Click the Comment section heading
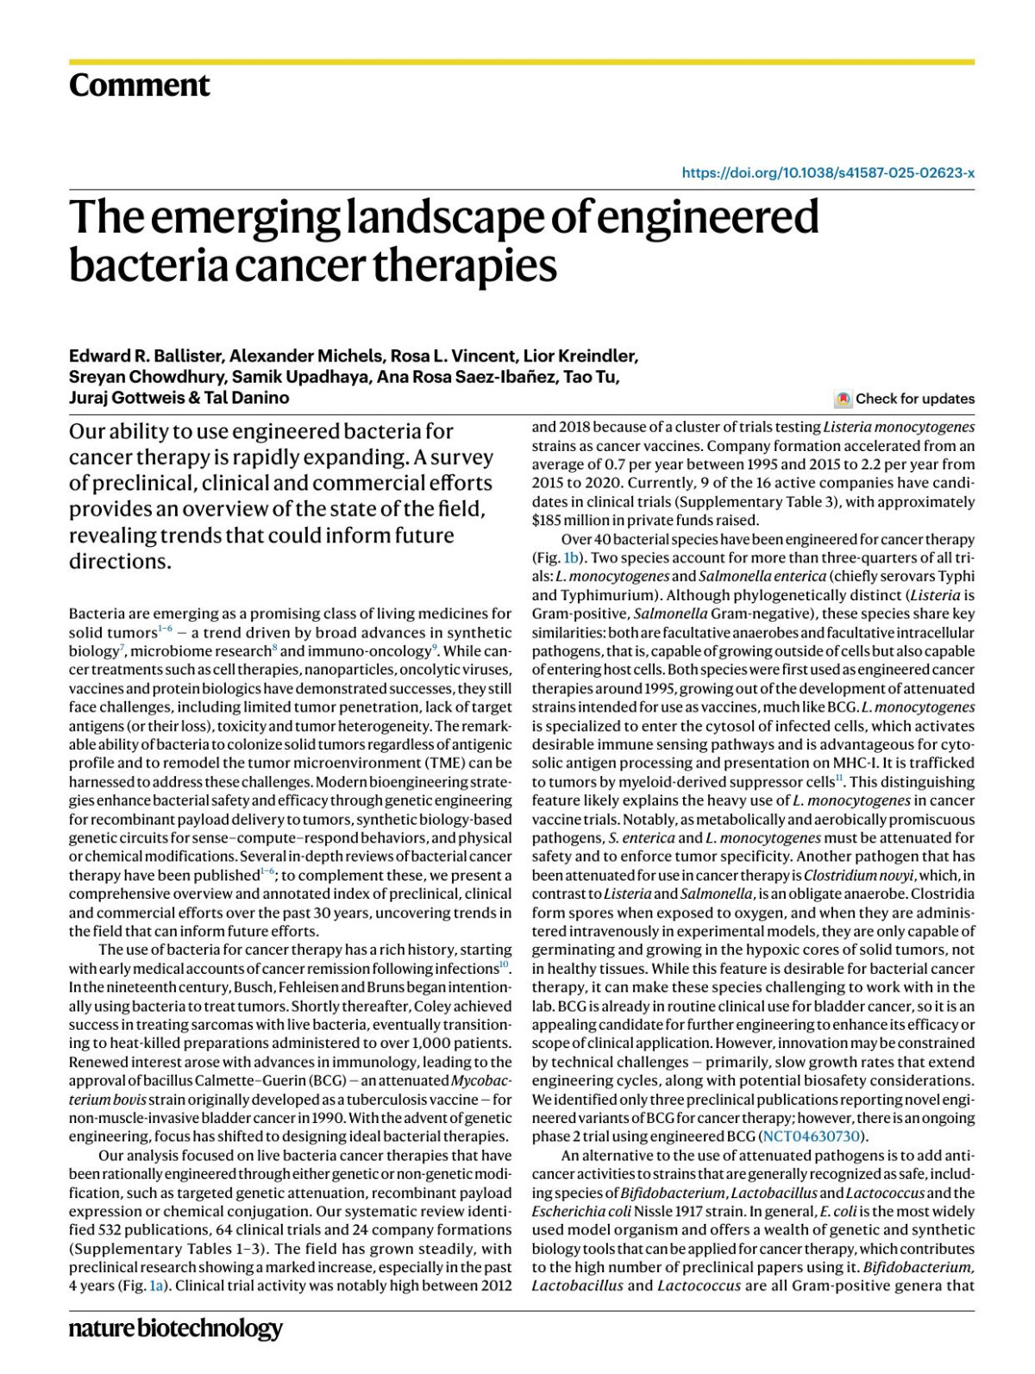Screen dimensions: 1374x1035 click(x=139, y=85)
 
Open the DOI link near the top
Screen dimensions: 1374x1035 click(x=828, y=173)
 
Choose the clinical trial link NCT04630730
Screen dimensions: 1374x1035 click(x=811, y=1136)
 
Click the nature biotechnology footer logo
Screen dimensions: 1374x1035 click(x=175, y=1328)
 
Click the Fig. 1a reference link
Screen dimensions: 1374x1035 click(x=156, y=1286)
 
